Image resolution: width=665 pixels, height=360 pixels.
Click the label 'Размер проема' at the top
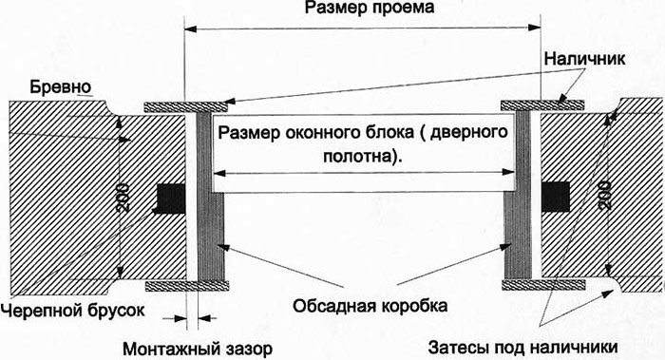(x=370, y=8)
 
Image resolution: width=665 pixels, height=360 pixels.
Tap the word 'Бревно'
(x=61, y=87)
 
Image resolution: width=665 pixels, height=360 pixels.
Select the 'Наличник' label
(x=584, y=59)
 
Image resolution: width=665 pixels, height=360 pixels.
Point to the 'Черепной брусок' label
(x=73, y=311)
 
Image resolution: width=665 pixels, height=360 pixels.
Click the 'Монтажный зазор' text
(x=198, y=350)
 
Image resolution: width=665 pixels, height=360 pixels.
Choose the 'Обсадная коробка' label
(x=370, y=306)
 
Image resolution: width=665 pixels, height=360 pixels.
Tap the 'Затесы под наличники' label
(x=522, y=348)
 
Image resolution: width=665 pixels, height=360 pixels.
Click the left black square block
(x=171, y=199)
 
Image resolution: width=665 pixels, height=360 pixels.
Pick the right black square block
(x=556, y=197)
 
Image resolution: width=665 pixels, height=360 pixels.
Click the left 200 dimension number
(x=123, y=198)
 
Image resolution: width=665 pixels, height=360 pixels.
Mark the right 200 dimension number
(x=604, y=196)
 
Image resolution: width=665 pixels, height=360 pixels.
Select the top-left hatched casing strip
(x=186, y=106)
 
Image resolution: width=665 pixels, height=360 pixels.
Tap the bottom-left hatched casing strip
(x=187, y=286)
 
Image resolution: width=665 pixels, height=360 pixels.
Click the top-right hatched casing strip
(x=542, y=105)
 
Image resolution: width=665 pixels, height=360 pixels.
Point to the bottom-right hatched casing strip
(x=543, y=284)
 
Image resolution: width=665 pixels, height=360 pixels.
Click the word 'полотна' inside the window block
(x=360, y=156)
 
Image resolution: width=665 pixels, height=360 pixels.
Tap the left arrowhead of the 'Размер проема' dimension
(x=191, y=28)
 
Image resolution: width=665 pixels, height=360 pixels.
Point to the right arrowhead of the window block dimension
(x=508, y=172)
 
